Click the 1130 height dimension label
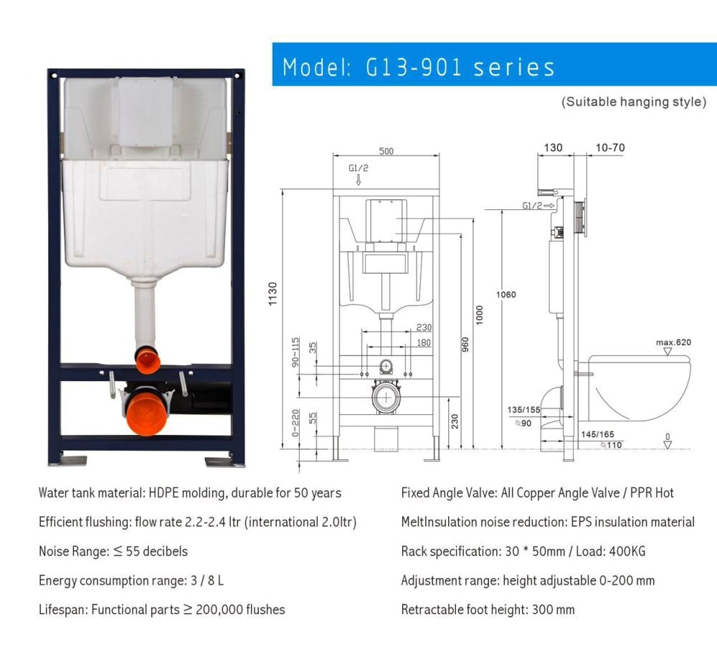tap(272, 294)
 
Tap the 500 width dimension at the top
tap(386, 151)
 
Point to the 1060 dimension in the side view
tap(505, 294)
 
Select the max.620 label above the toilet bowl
tap(673, 342)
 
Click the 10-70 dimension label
tap(610, 148)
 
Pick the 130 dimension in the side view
tap(553, 148)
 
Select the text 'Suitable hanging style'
tap(634, 102)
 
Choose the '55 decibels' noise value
tap(157, 551)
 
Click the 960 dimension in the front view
tap(465, 345)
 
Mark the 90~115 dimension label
tap(296, 352)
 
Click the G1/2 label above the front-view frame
tap(358, 168)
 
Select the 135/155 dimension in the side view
tap(523, 410)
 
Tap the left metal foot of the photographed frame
tap(69, 460)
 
